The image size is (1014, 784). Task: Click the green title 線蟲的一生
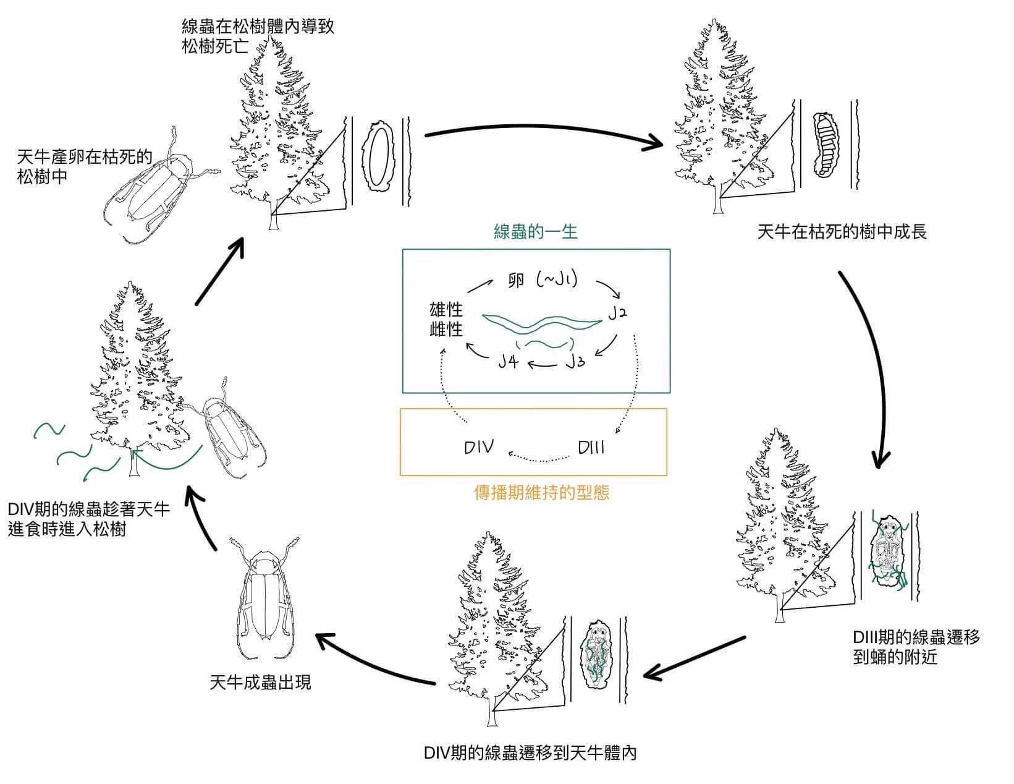(536, 232)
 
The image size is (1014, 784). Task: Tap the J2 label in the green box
(617, 313)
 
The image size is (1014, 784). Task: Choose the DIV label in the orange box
(479, 447)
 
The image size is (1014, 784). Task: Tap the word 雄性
(446, 309)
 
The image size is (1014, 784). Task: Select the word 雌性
(446, 329)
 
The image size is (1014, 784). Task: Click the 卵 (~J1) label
(541, 280)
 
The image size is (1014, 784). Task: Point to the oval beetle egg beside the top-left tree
(379, 157)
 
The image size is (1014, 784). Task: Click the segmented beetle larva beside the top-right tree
(823, 145)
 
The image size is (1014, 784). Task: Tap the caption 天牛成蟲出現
(260, 683)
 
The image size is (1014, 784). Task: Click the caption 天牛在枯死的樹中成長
(842, 232)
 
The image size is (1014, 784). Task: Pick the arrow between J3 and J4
(542, 364)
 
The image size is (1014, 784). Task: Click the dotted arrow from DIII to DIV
(538, 458)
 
